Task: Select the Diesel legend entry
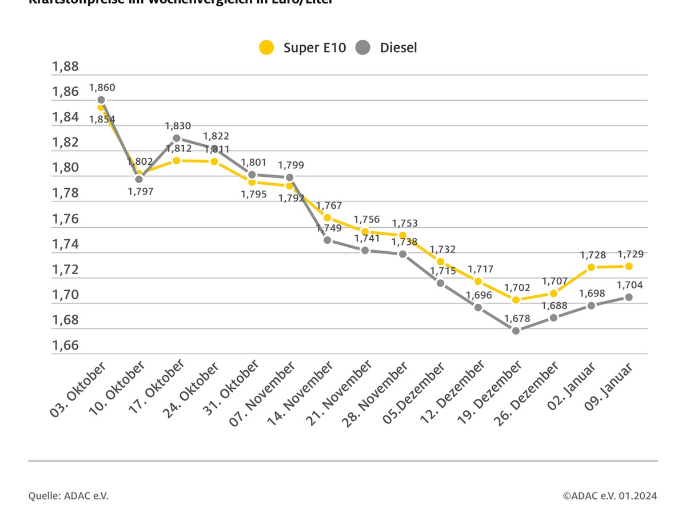[x=386, y=47]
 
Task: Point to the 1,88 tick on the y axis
[x=65, y=66]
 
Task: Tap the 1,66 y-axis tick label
[x=65, y=346]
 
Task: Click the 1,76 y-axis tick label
[x=65, y=219]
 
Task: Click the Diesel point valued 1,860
[x=101, y=100]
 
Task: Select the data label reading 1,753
[x=405, y=223]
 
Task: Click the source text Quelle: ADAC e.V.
[x=69, y=496]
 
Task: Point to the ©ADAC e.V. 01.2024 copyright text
[x=609, y=496]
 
